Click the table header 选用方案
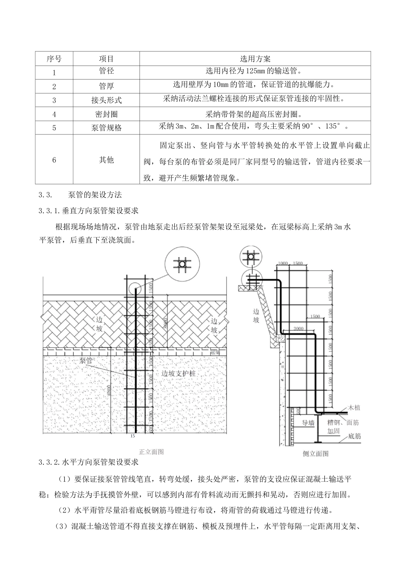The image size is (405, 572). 255,59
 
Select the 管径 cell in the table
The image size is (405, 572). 107,71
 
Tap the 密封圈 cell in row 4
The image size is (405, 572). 107,114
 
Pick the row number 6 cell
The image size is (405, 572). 54,160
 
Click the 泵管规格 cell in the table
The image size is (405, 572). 107,128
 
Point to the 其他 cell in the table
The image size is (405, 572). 107,160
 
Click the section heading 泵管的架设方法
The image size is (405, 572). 95,195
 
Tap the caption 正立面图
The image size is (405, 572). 151,451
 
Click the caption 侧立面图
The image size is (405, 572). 315,453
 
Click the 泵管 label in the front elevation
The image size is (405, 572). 86,360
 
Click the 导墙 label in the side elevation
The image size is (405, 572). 308,423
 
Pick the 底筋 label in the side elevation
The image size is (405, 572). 354,436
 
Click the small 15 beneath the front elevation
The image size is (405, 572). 132,436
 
